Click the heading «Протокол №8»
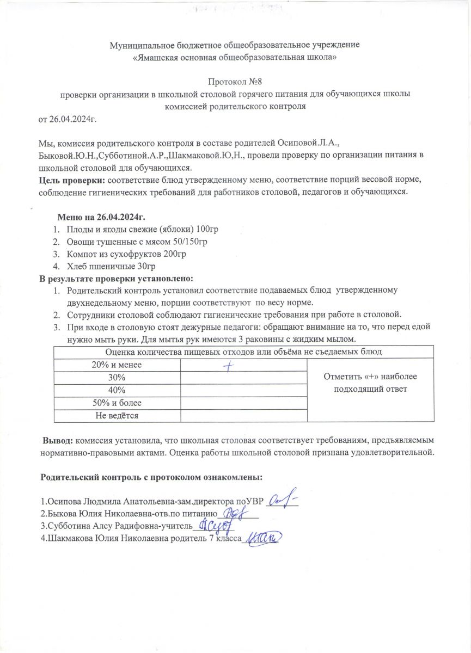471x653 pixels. [x=236, y=82]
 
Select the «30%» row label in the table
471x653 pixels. [x=117, y=378]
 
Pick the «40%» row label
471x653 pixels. [x=117, y=390]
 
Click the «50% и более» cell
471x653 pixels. [x=117, y=403]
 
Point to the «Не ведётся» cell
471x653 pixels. [x=117, y=416]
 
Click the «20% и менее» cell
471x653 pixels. [x=117, y=365]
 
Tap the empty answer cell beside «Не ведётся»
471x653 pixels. [x=243, y=416]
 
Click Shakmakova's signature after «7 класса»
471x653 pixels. [x=263, y=539]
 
